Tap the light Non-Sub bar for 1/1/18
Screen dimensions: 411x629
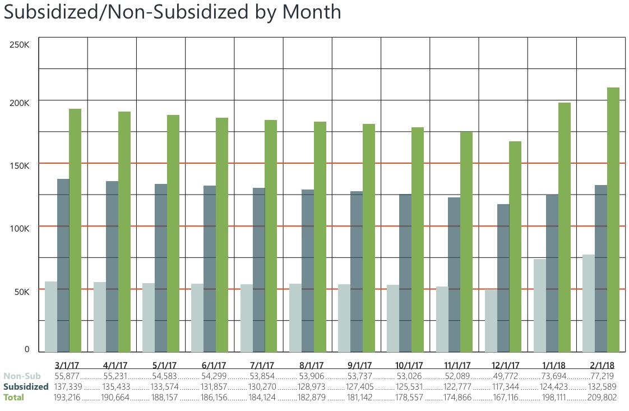539,306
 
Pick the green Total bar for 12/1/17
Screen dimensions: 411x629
515,247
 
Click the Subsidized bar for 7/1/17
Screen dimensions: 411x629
258,270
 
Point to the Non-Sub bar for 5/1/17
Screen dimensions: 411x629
149,317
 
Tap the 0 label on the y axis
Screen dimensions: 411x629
27,349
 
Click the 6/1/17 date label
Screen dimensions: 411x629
214,365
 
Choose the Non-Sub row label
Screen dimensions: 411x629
22,376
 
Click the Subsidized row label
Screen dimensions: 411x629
26,387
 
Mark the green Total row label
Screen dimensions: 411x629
14,398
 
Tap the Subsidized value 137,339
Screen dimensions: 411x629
67,387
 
